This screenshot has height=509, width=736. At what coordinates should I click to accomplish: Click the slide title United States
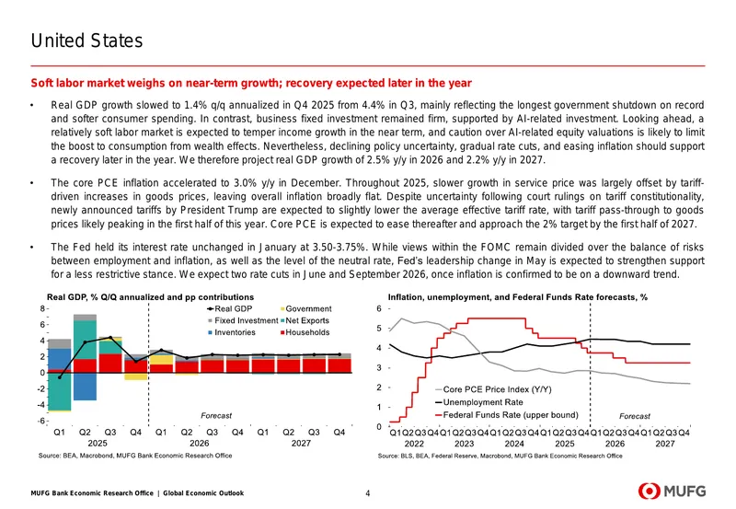pyautogui.click(x=86, y=40)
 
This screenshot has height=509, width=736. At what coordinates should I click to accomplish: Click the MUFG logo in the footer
pyautogui.click(x=672, y=492)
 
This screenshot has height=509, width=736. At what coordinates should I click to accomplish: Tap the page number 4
pyautogui.click(x=367, y=493)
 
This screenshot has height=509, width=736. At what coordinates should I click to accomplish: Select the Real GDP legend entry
pyautogui.click(x=229, y=308)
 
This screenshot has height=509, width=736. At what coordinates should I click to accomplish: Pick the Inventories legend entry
pyautogui.click(x=232, y=332)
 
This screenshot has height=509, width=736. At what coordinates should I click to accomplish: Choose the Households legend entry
pyautogui.click(x=305, y=332)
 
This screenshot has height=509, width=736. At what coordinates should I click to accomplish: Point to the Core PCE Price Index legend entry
pyautogui.click(x=493, y=389)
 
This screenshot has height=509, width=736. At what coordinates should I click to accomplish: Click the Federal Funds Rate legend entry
pyautogui.click(x=507, y=414)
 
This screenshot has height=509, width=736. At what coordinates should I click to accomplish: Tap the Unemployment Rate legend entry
pyautogui.click(x=478, y=402)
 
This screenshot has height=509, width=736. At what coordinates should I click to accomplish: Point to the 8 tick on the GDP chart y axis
pyautogui.click(x=42, y=308)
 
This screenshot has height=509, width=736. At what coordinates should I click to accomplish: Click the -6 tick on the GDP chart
pyautogui.click(x=41, y=421)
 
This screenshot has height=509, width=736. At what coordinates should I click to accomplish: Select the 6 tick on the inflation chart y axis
pyautogui.click(x=379, y=308)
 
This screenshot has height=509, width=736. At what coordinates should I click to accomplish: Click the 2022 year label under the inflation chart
pyautogui.click(x=414, y=444)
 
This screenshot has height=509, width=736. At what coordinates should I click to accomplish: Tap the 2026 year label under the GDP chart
pyautogui.click(x=199, y=443)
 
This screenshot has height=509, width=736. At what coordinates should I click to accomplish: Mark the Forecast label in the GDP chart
pyautogui.click(x=216, y=415)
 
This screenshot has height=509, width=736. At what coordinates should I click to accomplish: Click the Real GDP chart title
pyautogui.click(x=150, y=297)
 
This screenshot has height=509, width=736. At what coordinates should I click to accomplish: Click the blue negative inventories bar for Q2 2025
pyautogui.click(x=85, y=387)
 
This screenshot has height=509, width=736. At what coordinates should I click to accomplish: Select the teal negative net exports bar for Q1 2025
pyautogui.click(x=60, y=391)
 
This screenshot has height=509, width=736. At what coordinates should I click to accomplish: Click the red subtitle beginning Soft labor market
pyautogui.click(x=251, y=83)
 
